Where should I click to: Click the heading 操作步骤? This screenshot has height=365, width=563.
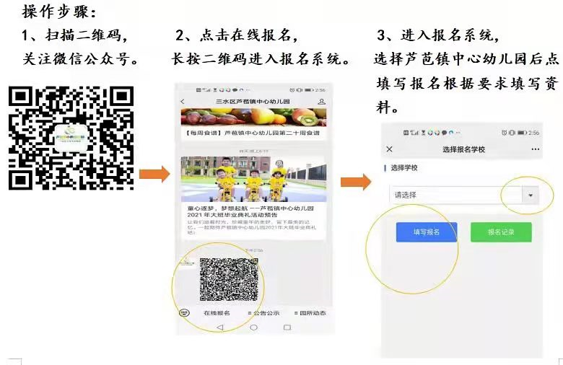click(58, 12)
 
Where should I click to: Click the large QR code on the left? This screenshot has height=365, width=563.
click(71, 137)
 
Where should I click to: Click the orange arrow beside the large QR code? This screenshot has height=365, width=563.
click(154, 174)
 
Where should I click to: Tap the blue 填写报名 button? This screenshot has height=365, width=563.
click(426, 232)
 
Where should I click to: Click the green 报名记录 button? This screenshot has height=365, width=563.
click(501, 232)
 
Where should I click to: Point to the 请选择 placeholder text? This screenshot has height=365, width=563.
click(405, 195)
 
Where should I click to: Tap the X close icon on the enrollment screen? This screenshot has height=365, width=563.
click(390, 149)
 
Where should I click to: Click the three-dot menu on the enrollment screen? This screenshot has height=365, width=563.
click(535, 149)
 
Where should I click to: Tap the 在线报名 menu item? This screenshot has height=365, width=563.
click(217, 313)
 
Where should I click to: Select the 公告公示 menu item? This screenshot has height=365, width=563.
click(265, 313)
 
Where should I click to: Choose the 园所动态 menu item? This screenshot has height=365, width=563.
click(311, 313)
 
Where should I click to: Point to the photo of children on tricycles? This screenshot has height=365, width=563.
click(253, 178)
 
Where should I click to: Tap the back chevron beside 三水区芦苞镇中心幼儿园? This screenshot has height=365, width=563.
click(183, 102)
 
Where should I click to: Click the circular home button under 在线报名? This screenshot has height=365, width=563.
click(253, 327)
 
